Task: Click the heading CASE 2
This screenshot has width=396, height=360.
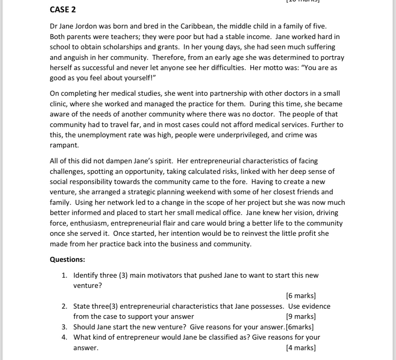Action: (63, 10)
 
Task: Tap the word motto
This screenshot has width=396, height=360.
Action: (283, 68)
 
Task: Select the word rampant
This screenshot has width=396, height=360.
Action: (64, 145)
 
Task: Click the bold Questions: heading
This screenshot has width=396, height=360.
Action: (68, 260)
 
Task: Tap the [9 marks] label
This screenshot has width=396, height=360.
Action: (301, 316)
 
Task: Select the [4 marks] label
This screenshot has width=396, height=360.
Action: (301, 348)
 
